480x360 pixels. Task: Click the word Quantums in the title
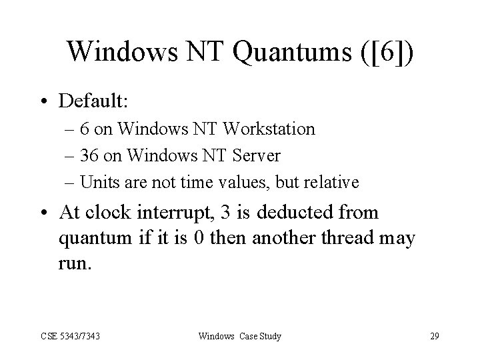(277, 51)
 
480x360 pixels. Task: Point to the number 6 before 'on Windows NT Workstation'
(94, 129)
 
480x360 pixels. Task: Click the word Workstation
(275, 129)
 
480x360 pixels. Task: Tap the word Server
(257, 155)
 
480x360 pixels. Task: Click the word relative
(333, 182)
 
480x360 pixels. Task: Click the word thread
(333, 237)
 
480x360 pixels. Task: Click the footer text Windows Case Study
(240, 336)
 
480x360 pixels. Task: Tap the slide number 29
(434, 336)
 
